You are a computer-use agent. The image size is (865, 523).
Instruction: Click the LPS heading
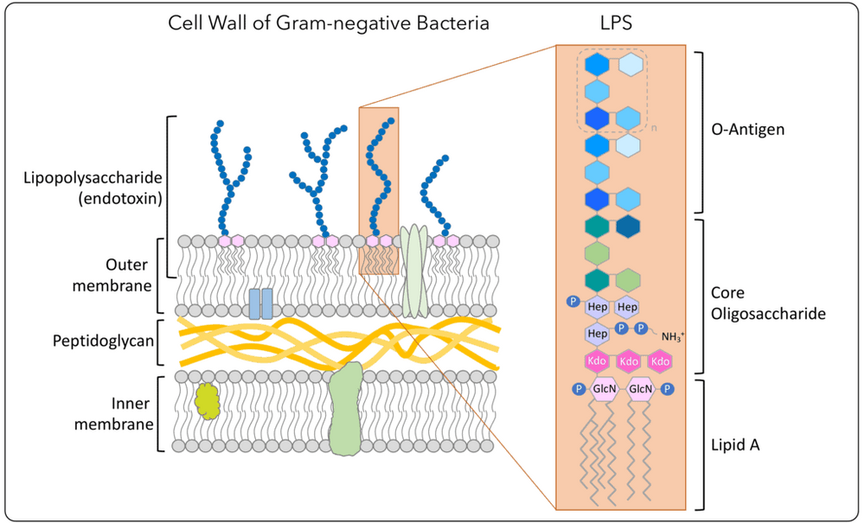coord(615,23)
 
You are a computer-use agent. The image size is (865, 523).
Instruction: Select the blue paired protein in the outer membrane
coord(260,303)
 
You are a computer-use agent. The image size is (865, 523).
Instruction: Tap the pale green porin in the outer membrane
coord(415,272)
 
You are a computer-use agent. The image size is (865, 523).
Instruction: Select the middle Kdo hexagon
coord(630,360)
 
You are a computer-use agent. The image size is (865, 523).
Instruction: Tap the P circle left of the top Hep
coord(572,301)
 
